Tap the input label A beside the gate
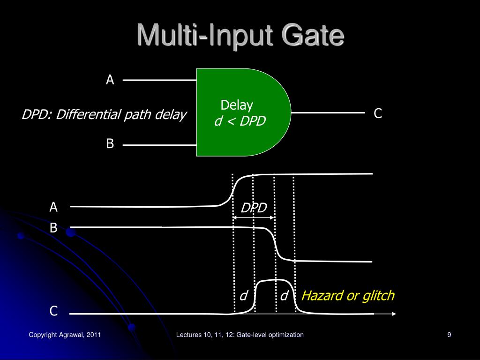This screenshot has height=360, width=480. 110,80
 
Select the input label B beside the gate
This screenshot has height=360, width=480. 110,144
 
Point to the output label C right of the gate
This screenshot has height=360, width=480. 378,113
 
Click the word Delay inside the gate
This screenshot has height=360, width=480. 237,105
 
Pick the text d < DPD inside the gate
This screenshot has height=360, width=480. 240,121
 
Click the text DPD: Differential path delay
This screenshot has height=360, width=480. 104,115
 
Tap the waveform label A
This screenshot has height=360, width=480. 54,207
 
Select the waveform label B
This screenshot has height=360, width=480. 54,228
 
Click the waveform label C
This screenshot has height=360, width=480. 54,311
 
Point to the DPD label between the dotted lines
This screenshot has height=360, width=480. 254,208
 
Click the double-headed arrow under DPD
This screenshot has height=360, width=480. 254,217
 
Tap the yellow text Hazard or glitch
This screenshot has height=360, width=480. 348,296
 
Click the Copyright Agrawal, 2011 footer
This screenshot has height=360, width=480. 65,335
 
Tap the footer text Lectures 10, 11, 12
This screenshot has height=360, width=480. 240,335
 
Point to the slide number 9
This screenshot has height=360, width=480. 449,335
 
